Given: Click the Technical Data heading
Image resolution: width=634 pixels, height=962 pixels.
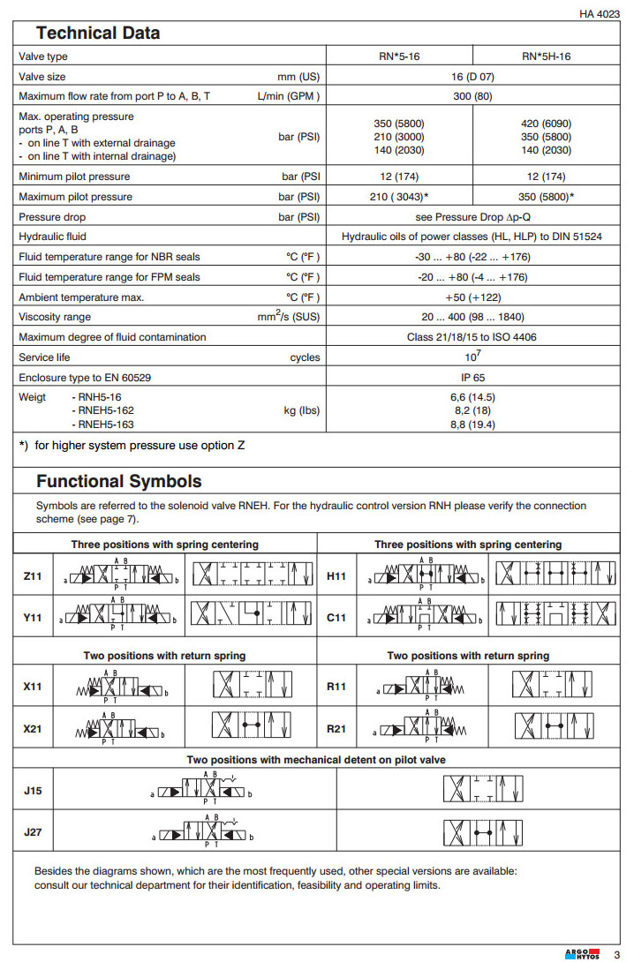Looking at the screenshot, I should pyautogui.click(x=98, y=34).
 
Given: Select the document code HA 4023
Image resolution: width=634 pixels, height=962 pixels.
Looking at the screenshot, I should pyautogui.click(x=600, y=14).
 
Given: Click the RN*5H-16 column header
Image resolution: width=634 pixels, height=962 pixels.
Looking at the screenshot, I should pyautogui.click(x=547, y=56).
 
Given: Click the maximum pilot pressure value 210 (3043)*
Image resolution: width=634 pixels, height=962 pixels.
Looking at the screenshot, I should pyautogui.click(x=400, y=197).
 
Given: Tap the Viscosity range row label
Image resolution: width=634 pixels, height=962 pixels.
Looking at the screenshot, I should pyautogui.click(x=55, y=317).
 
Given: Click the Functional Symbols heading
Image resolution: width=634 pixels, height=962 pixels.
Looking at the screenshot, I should pyautogui.click(x=118, y=482).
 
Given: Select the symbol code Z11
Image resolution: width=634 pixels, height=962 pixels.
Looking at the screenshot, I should pyautogui.click(x=33, y=576).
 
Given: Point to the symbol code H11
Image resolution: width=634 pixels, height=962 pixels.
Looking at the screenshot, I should pyautogui.click(x=336, y=576).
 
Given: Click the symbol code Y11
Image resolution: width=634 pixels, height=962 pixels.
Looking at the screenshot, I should pyautogui.click(x=33, y=618).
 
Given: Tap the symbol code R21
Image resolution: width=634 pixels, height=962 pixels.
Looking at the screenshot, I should pyautogui.click(x=336, y=729).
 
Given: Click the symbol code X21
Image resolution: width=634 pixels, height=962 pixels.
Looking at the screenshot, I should pyautogui.click(x=33, y=729).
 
